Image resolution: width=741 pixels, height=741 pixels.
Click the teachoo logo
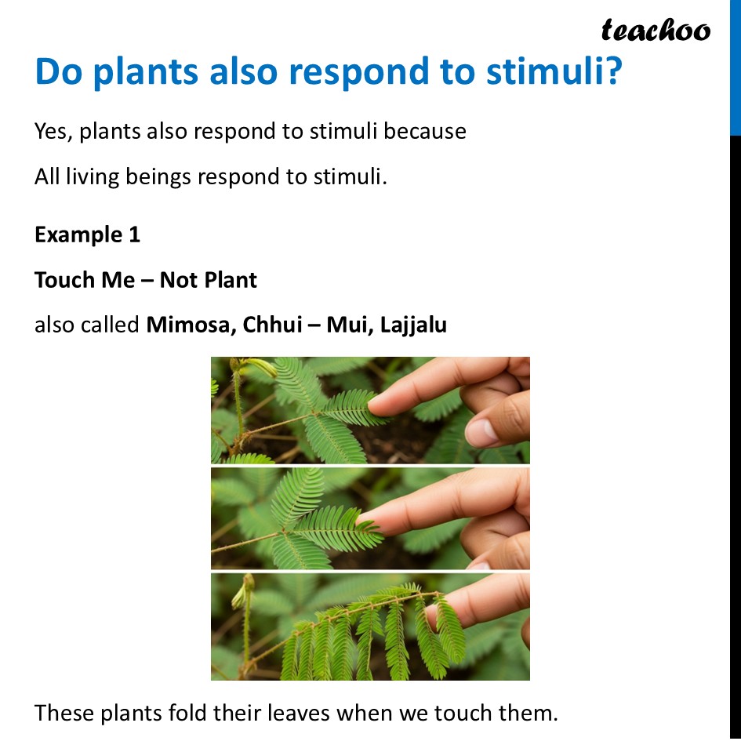(656, 30)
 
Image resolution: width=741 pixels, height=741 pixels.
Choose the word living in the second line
(96, 176)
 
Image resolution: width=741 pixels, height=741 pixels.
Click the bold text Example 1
(87, 234)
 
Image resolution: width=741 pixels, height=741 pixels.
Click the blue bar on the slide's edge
(735, 67)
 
